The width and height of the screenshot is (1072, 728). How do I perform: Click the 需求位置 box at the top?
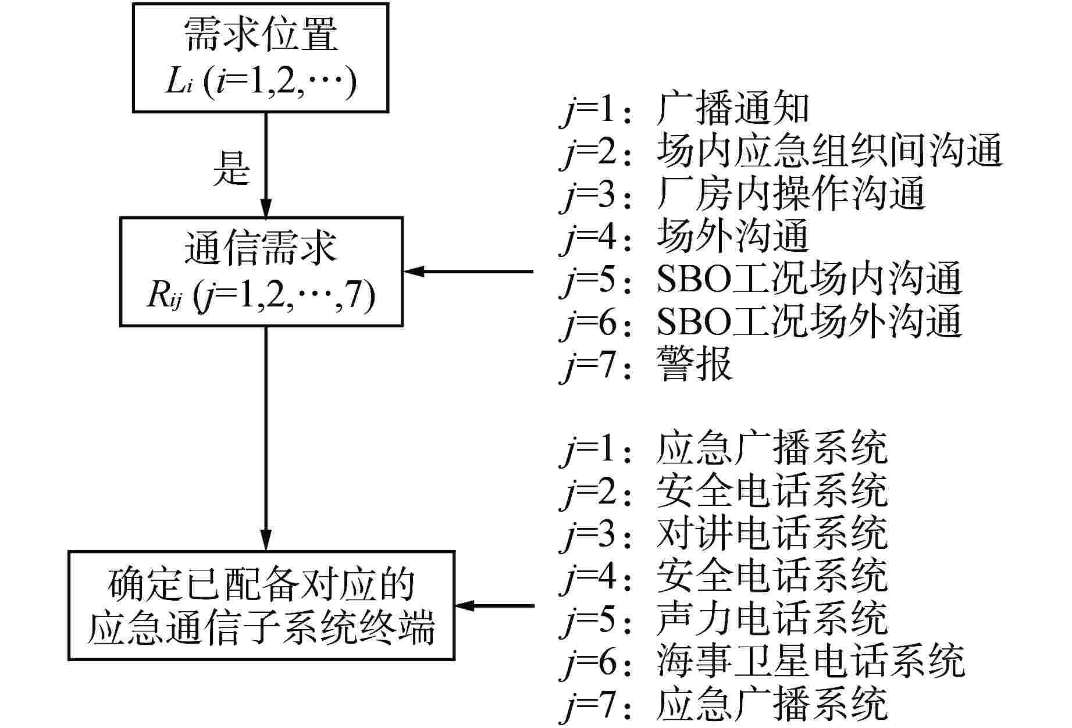tap(260, 57)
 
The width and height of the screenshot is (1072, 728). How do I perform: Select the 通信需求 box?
tap(261, 271)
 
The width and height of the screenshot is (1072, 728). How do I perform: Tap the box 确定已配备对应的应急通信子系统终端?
tap(261, 605)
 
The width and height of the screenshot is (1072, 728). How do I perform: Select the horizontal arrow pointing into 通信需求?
tap(468, 271)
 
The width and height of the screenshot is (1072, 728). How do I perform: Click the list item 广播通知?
tap(732, 109)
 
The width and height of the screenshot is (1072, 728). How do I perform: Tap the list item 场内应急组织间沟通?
tap(828, 151)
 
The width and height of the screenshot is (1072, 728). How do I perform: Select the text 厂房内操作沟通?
tap(790, 193)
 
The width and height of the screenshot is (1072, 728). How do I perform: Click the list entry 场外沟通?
tap(732, 235)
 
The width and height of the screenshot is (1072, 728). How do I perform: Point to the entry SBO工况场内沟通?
tap(809, 279)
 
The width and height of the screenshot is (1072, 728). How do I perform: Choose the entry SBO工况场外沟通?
tap(809, 321)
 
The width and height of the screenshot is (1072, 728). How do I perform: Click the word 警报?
tap(693, 364)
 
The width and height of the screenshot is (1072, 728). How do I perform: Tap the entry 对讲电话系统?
tap(771, 533)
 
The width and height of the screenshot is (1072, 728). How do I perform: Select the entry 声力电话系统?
tap(771, 618)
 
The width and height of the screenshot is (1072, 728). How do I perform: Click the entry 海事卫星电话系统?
tap(810, 661)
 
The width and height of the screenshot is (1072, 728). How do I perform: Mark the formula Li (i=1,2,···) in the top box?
tap(260, 83)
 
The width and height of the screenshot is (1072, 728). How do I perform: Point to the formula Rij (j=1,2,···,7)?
tap(261, 296)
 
